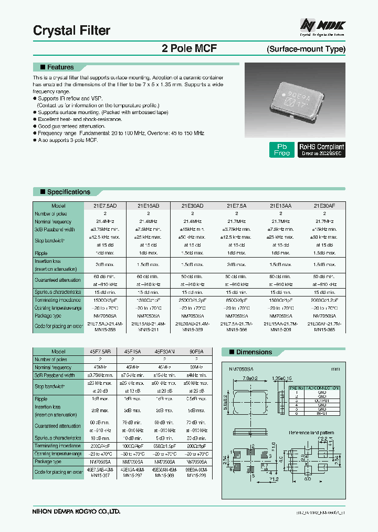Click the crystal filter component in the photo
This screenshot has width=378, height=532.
pyautogui.click(x=296, y=100)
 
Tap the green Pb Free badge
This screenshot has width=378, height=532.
pyautogui.click(x=282, y=150)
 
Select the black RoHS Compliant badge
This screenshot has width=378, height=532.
pyautogui.click(x=321, y=150)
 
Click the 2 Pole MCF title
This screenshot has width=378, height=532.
pyautogui.click(x=190, y=48)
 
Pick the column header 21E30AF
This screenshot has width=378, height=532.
pyautogui.click(x=323, y=206)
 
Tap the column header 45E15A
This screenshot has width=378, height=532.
pyautogui.click(x=133, y=352)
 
